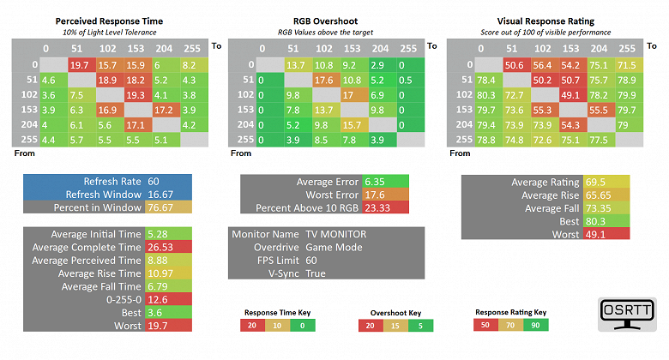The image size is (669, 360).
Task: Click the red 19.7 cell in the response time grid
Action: [80, 64]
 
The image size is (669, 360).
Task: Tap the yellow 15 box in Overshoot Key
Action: [395, 325]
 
